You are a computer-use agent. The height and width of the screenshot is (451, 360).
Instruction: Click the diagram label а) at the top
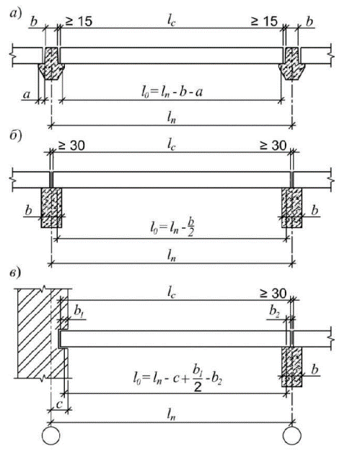click(x=16, y=14)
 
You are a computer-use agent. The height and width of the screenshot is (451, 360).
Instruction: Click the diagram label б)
click(x=16, y=136)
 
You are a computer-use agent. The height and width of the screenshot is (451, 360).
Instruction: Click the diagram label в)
click(x=15, y=273)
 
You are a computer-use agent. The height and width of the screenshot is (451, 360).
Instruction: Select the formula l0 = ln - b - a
click(x=172, y=92)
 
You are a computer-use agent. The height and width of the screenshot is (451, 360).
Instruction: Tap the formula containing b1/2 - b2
click(x=177, y=378)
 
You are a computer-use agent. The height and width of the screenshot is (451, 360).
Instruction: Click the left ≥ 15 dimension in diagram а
click(x=79, y=22)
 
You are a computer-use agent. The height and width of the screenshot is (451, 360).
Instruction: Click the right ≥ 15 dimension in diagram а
click(x=264, y=22)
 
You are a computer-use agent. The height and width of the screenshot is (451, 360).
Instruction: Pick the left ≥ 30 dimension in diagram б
click(x=71, y=146)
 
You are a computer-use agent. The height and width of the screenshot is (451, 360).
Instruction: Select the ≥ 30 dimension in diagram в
click(x=273, y=294)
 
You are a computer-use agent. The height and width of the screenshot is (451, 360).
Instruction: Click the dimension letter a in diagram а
click(x=27, y=95)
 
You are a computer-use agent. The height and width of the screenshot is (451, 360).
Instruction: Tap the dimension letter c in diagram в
click(x=59, y=404)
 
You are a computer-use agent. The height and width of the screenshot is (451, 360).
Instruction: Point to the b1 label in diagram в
click(x=79, y=311)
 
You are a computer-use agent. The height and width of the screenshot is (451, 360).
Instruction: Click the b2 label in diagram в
click(x=274, y=311)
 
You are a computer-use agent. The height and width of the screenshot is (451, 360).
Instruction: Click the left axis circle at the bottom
click(x=51, y=435)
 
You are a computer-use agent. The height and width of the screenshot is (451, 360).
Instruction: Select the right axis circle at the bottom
click(x=292, y=435)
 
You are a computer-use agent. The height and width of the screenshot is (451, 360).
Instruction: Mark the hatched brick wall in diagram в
click(x=40, y=333)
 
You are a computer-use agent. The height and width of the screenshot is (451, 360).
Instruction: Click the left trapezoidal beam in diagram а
click(x=51, y=64)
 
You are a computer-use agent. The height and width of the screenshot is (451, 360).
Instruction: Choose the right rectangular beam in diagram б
click(x=291, y=208)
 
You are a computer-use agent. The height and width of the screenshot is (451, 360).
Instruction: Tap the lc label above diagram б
click(x=172, y=146)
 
